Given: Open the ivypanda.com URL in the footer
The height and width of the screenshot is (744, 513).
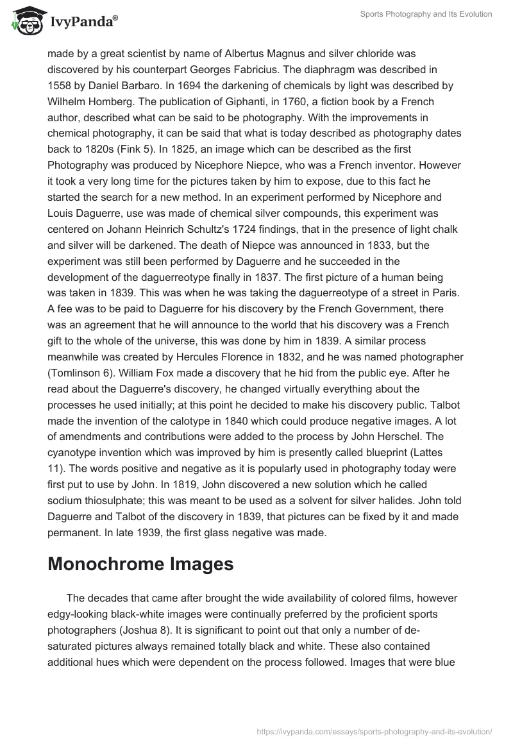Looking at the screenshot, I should [x=374, y=731].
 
